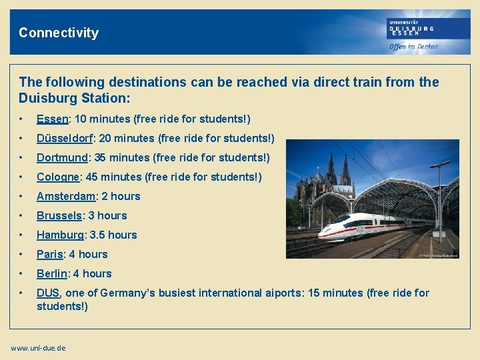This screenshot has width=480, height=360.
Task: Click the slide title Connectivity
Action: pos(59,33)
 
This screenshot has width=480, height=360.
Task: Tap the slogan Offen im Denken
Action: pos(413,46)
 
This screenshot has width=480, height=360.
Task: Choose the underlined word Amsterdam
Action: pos(65,196)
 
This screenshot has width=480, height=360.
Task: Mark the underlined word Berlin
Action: pos(52,273)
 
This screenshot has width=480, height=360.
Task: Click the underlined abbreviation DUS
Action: pos(48,293)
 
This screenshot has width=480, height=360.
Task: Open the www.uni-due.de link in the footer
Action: pos(38,348)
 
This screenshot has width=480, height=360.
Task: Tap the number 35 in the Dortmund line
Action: pos(101,157)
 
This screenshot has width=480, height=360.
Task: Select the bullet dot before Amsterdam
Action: pos(23,196)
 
